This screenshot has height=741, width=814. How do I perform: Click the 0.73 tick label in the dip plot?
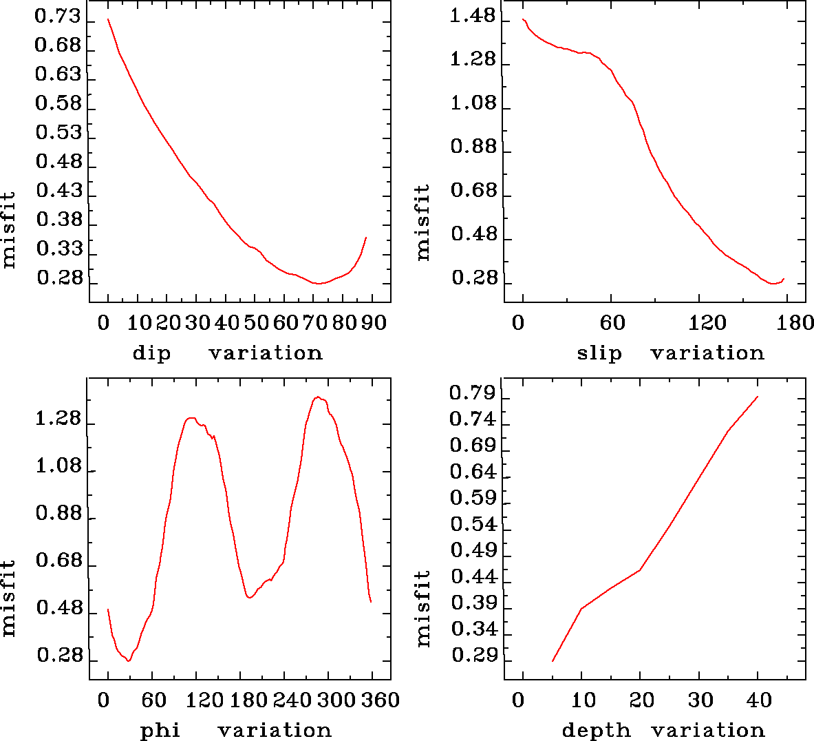(x=58, y=17)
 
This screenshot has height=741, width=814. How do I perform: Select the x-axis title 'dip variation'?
(x=227, y=353)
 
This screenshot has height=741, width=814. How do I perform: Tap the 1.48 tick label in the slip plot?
(x=473, y=16)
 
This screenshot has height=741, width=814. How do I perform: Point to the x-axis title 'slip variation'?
(x=670, y=353)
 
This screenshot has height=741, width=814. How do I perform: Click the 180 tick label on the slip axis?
(x=797, y=323)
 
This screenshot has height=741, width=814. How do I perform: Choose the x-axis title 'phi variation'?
(x=236, y=730)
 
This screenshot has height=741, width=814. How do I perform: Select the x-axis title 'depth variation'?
(x=663, y=730)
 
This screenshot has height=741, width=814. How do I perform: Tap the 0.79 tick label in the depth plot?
(x=473, y=393)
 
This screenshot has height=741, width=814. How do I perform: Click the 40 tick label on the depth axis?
(x=759, y=701)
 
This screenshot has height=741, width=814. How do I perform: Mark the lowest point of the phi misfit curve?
(x=128, y=661)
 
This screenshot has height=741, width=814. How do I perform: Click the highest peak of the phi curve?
(x=317, y=397)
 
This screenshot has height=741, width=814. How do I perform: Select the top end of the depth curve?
(x=758, y=397)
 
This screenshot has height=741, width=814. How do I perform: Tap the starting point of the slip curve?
(x=523, y=19)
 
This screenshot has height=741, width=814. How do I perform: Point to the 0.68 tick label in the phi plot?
(x=58, y=561)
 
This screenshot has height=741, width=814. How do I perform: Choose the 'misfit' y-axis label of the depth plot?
(x=424, y=608)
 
